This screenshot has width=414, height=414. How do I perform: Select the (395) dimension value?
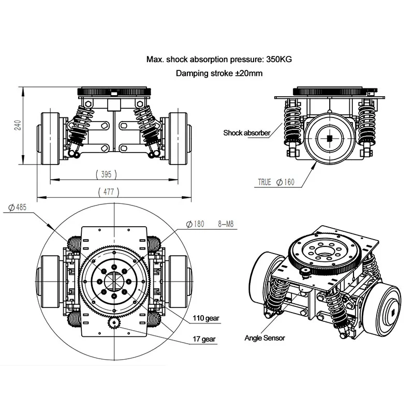[x=107, y=174]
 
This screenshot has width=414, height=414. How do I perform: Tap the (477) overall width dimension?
[x=109, y=191]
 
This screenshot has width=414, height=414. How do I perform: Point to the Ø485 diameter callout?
[x=17, y=208]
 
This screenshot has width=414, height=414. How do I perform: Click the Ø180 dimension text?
[x=195, y=224]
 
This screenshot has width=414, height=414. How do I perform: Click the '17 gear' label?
[x=205, y=339]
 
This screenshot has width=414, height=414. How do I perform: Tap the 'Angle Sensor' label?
[x=264, y=338]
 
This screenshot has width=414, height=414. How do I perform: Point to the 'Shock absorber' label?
[x=247, y=133]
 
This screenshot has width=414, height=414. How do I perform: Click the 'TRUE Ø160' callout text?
[x=276, y=182]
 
